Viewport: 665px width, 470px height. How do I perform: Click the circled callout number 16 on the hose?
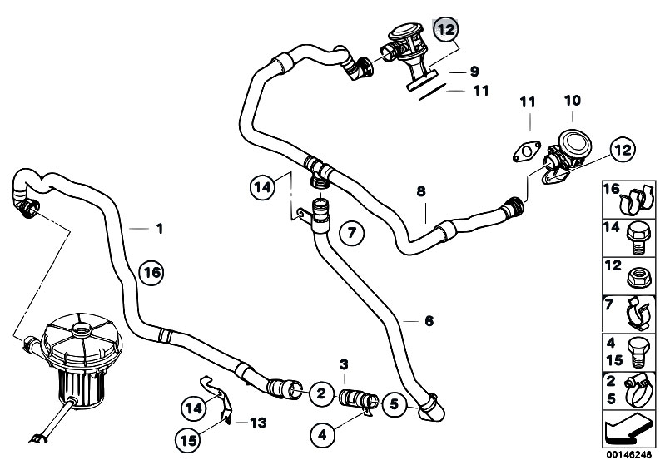tap(151, 271)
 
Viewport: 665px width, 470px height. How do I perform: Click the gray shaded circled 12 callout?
tap(446, 30)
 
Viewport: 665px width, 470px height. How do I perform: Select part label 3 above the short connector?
tap(345, 364)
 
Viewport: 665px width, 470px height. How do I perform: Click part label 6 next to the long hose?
tap(429, 320)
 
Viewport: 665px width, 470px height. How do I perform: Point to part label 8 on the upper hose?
tap(421, 191)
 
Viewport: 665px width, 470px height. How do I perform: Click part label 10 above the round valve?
tap(571, 101)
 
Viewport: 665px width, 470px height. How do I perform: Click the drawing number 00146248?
tap(630, 456)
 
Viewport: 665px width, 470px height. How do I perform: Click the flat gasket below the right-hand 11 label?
tap(524, 152)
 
